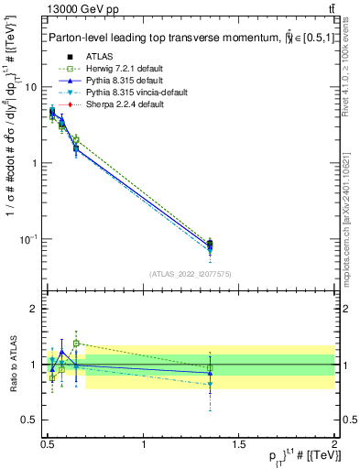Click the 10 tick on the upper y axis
point(32,87)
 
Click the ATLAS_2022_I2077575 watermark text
point(191,274)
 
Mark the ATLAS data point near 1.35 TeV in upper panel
point(210,244)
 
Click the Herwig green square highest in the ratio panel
point(76,344)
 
